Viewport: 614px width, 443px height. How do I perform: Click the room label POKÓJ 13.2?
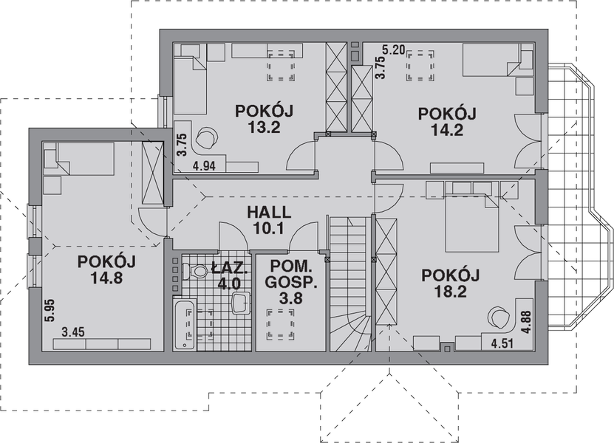(265, 118)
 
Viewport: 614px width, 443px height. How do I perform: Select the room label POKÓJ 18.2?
(451, 282)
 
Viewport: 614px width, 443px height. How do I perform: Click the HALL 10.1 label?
(268, 220)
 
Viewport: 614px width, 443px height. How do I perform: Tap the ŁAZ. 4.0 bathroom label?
(227, 275)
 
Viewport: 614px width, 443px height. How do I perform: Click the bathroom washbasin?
(240, 303)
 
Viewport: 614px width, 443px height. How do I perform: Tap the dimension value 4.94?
(205, 166)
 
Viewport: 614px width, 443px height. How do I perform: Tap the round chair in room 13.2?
(208, 137)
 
